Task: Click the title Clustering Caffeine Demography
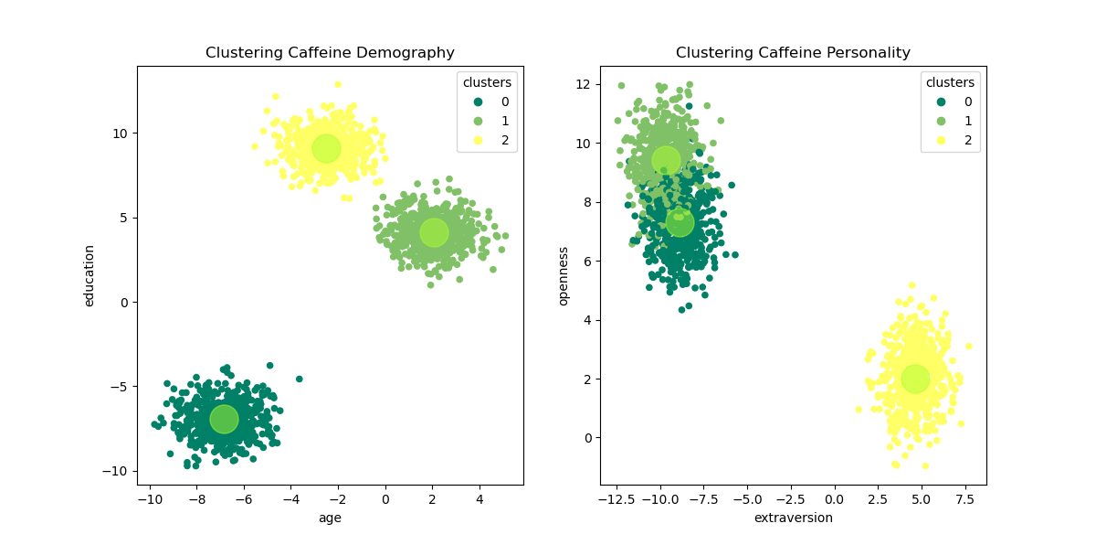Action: tap(330, 53)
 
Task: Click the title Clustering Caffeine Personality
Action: tap(793, 53)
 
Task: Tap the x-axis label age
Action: tap(330, 518)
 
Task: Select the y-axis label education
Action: tap(90, 275)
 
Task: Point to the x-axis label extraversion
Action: tap(793, 518)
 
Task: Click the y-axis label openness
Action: tap(564, 275)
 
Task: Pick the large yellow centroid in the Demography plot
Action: tap(326, 148)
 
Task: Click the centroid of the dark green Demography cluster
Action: tap(224, 419)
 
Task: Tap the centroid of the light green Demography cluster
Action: tap(434, 232)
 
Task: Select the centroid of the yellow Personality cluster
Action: tap(915, 379)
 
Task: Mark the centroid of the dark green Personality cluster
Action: tap(680, 221)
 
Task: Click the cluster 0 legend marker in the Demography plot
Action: tap(478, 102)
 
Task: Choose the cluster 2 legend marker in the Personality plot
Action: tap(941, 141)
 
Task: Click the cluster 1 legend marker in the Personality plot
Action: tap(941, 121)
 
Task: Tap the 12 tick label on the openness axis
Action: tap(584, 85)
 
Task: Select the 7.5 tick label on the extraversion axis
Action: tap(964, 499)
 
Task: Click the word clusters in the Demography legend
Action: tap(487, 82)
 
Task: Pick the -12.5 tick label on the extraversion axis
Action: tap(616, 499)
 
